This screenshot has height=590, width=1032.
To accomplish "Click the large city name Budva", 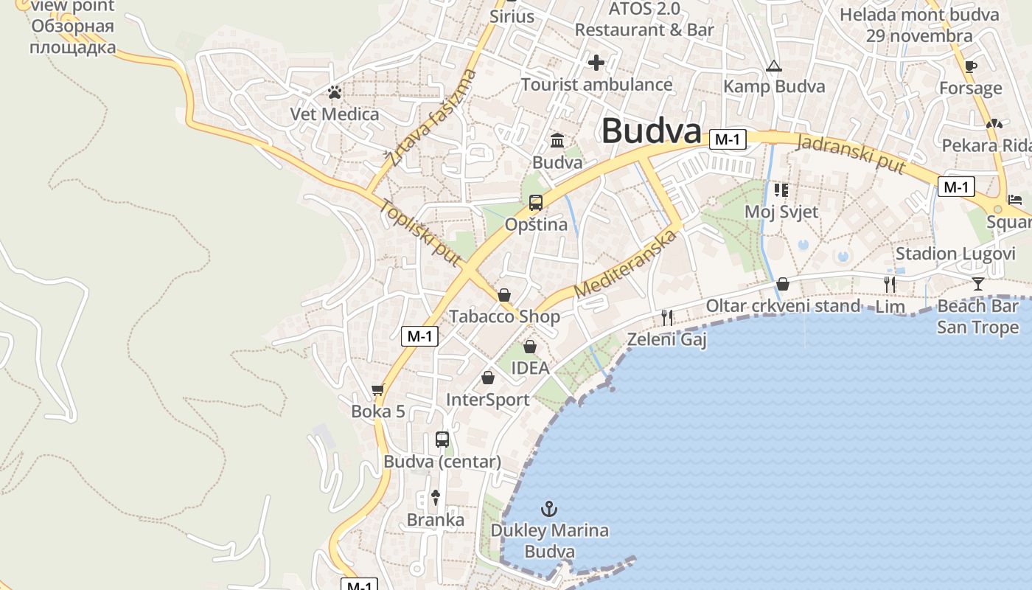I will click(x=651, y=131).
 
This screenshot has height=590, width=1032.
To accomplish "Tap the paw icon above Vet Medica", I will click(x=335, y=92).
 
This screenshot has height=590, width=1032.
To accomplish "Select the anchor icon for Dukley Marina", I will click(x=548, y=508).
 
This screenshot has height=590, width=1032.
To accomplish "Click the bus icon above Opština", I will click(x=536, y=202).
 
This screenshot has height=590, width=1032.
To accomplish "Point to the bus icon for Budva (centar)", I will click(x=442, y=440).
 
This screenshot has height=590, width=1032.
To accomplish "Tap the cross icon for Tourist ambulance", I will click(x=596, y=63).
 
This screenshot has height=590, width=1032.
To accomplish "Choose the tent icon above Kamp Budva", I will click(x=773, y=66).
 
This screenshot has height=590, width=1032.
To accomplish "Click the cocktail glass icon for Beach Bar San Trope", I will click(x=977, y=283).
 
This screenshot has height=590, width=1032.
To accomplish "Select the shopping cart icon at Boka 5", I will click(x=378, y=389).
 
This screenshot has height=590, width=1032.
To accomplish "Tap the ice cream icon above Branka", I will click(x=436, y=498).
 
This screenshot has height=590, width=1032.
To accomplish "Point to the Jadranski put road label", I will click(x=851, y=153).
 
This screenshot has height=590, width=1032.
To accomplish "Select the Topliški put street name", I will click(x=420, y=233).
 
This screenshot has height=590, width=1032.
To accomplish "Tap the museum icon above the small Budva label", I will click(x=557, y=140).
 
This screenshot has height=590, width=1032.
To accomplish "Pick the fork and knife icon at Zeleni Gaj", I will click(x=666, y=317).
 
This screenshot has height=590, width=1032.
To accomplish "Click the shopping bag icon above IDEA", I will click(x=530, y=346).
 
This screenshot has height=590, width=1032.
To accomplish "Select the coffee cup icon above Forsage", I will click(x=971, y=66).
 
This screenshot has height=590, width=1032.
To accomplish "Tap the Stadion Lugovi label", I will click(x=955, y=254).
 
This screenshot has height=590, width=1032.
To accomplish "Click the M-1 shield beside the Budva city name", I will click(x=728, y=139).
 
